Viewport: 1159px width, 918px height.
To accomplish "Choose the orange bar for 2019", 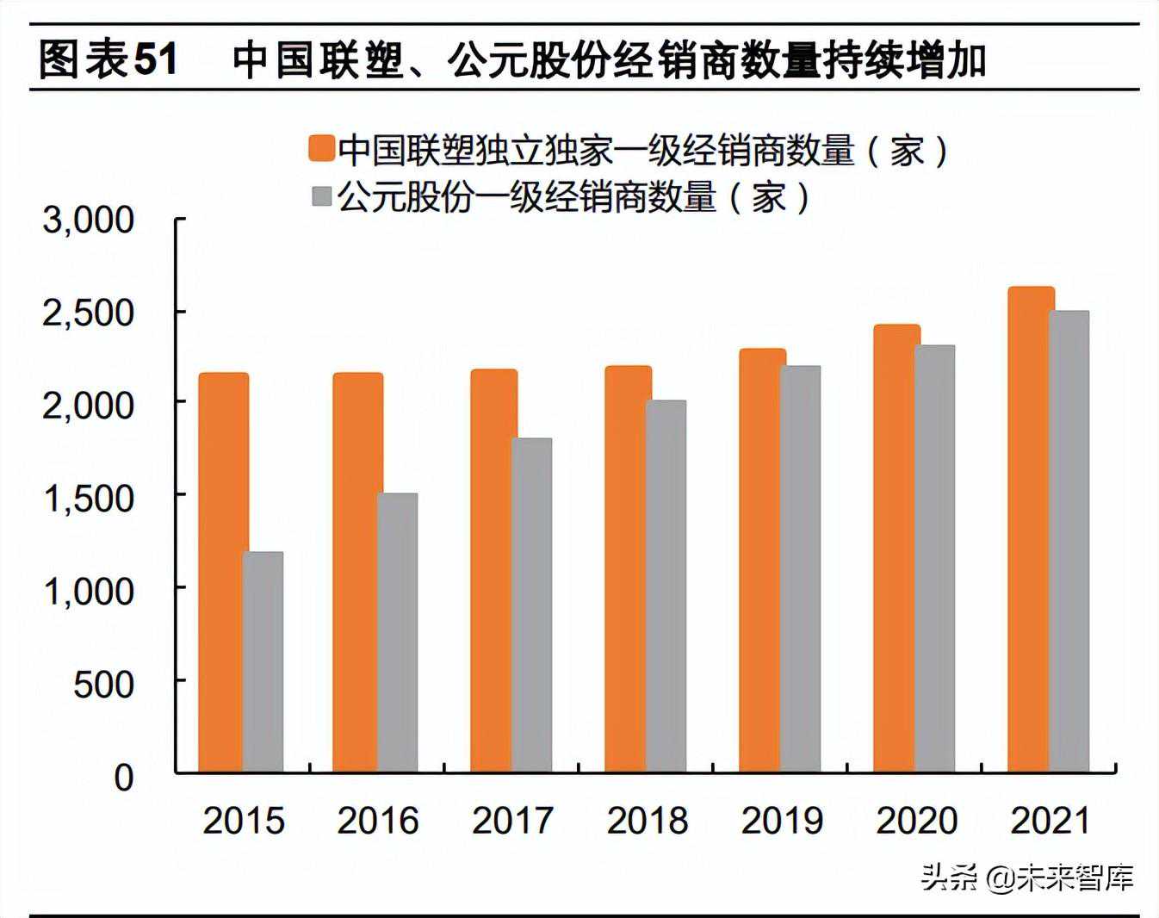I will (x=761, y=560).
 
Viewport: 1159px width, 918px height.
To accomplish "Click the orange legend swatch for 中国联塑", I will (x=321, y=149).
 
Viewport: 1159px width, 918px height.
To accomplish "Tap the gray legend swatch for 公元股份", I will (x=321, y=196).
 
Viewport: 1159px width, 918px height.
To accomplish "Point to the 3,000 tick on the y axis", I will (x=89, y=220).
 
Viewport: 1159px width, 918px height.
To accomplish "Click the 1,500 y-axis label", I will (x=89, y=499).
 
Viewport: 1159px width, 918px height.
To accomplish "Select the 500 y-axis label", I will (x=104, y=685).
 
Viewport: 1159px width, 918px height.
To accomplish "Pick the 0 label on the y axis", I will (x=124, y=778).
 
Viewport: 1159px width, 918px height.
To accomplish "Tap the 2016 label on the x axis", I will (x=377, y=821).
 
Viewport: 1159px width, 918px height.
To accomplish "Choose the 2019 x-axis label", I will (x=782, y=821).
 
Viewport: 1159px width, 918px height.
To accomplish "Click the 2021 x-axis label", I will (x=1051, y=821).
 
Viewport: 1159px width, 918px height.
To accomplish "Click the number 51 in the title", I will (x=156, y=60).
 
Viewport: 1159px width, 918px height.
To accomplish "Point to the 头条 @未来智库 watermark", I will (x=1026, y=878).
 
